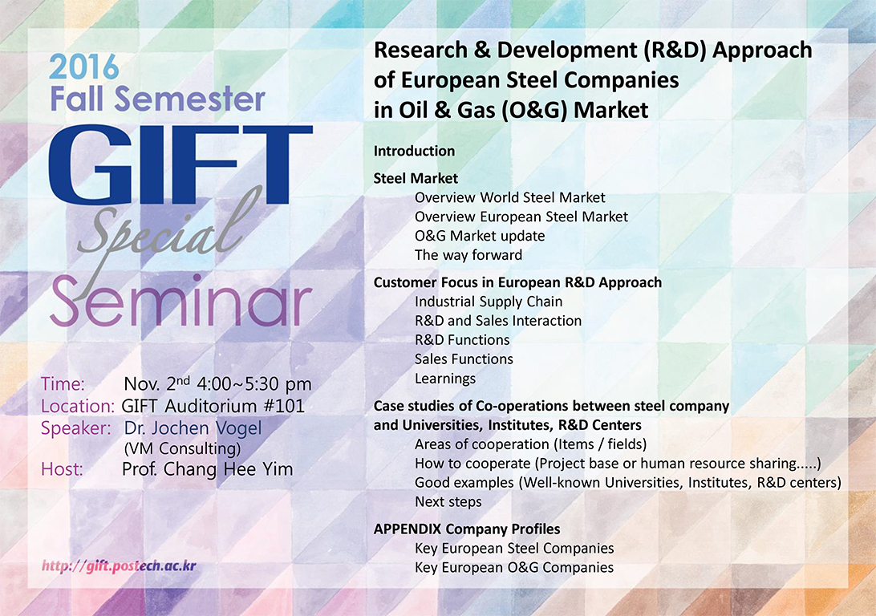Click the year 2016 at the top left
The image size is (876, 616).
point(83,67)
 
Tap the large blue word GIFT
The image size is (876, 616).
point(180,166)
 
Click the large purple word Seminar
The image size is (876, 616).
point(180,302)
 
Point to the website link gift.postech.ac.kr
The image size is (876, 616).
point(119,565)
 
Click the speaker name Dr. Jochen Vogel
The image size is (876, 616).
point(193,428)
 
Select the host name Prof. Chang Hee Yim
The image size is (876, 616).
point(207,469)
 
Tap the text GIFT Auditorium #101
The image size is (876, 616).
point(213,406)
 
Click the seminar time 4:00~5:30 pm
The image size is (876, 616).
point(254,384)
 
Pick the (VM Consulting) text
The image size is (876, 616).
point(183,448)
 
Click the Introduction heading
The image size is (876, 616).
point(414,151)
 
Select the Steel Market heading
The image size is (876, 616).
point(416,178)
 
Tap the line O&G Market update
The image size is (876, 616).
point(480,236)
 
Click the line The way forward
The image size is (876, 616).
point(468,255)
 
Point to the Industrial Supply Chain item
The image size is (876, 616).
point(489,302)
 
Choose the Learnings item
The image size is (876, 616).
point(444,379)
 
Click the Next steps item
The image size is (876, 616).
point(448,501)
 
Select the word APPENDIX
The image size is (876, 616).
point(408,529)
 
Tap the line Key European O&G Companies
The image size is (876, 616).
point(514,567)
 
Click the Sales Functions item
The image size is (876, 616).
point(464,359)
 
